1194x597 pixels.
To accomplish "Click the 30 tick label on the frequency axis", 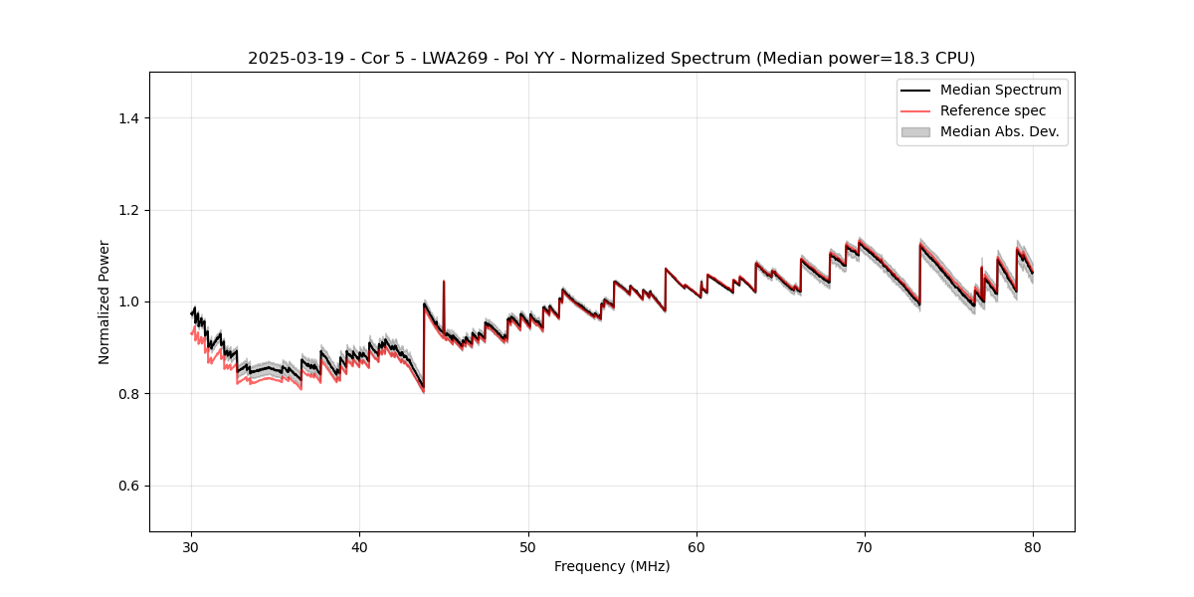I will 192,547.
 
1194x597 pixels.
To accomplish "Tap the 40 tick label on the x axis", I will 360,547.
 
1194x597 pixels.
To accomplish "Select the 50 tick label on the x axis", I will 528,547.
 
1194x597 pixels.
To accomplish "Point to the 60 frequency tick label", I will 696,547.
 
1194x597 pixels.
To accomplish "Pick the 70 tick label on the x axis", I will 865,547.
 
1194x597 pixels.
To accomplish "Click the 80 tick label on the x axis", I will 1033,547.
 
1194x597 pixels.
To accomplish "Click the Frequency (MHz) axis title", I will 612,566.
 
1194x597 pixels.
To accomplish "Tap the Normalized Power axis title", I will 104,301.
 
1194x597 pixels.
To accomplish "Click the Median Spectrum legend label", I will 1000,90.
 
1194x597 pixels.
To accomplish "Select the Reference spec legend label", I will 993,110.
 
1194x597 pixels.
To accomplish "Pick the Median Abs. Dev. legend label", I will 999,131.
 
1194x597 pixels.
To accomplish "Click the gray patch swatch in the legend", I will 915,131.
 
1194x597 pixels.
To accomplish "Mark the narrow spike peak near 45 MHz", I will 444,282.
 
